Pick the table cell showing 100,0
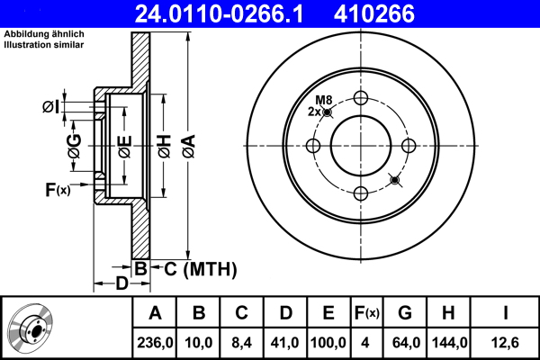point(329,342)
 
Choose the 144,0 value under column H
point(450,342)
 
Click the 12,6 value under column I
point(507,342)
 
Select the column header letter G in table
point(405,313)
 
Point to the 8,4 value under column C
point(242,342)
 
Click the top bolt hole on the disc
point(362,99)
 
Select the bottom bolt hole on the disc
point(362,193)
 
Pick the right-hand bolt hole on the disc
point(409,146)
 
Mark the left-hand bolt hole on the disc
point(315,146)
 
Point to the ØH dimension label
point(164,147)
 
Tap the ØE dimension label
point(126,147)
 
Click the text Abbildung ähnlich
point(41,35)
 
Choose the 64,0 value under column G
point(405,342)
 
